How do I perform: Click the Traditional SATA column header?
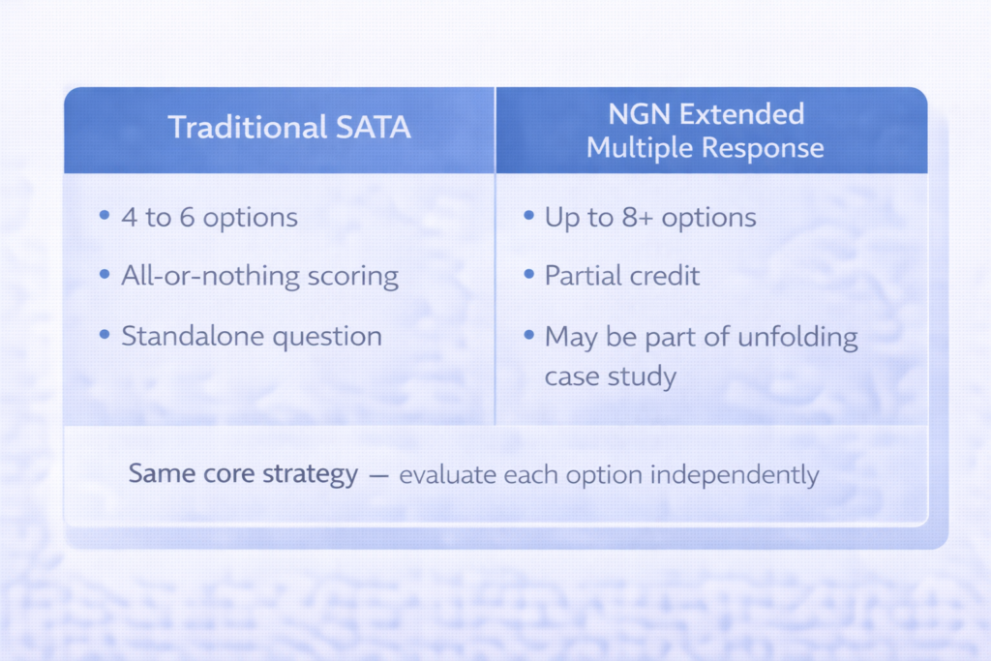point(289,128)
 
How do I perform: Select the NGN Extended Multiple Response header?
point(706,130)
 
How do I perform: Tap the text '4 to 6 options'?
point(209,217)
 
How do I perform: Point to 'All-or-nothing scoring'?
point(259,276)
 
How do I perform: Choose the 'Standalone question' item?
point(252,336)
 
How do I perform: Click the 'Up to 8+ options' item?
point(649,217)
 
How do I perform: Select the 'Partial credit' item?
point(621,276)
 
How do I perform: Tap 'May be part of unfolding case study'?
point(701,355)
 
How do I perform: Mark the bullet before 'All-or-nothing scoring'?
point(104,276)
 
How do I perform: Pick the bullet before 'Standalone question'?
point(104,335)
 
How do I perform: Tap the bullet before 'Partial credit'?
point(528,276)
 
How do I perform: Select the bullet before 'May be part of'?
point(528,335)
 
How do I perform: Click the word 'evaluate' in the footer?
point(442,476)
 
